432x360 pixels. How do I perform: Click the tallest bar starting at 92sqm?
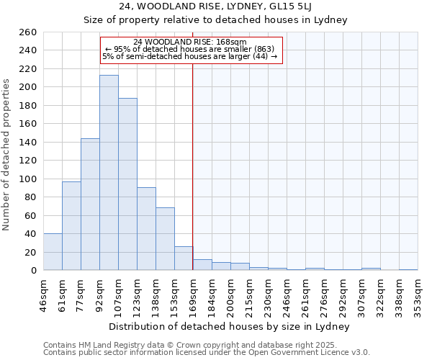(109, 173)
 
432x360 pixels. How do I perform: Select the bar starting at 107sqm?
(127, 184)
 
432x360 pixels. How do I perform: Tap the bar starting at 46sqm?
(53, 252)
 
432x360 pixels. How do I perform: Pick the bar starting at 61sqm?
(71, 226)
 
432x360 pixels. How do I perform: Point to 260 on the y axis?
(28, 32)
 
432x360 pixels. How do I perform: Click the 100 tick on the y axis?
(28, 179)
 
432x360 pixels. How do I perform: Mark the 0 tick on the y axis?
(33, 271)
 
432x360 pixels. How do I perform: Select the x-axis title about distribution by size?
(230, 326)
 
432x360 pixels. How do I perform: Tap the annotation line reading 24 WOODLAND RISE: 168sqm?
(191, 42)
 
